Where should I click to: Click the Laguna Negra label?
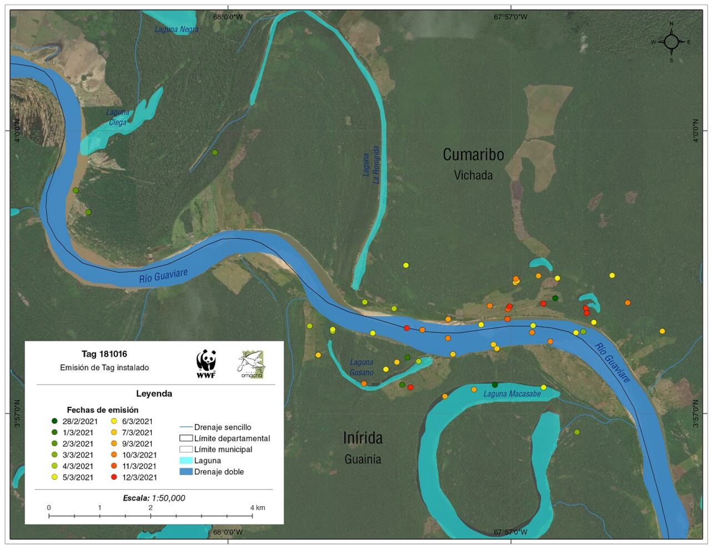(x=176, y=29)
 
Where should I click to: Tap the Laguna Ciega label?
(x=118, y=117)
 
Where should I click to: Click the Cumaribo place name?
(x=473, y=154)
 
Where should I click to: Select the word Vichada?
(x=473, y=175)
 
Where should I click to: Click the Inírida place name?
(x=363, y=438)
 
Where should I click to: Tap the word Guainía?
(x=363, y=459)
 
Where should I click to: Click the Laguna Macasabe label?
(x=512, y=394)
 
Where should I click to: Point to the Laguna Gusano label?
(x=362, y=367)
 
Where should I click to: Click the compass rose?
(x=671, y=42)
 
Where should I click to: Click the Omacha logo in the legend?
(x=251, y=364)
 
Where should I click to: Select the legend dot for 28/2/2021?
(x=54, y=421)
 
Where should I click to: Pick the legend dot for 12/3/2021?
(x=114, y=477)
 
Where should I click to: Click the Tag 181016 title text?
(x=104, y=354)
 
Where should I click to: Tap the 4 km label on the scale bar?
(x=257, y=507)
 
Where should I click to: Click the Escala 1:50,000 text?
(x=154, y=498)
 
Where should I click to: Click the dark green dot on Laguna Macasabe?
(x=495, y=385)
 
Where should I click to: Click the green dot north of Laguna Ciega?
(x=215, y=152)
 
